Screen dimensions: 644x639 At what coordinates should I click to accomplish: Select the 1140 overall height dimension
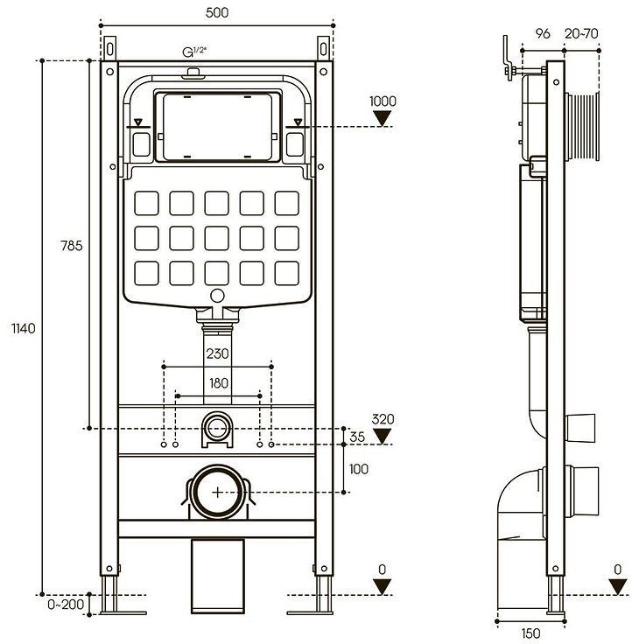tap(24, 329)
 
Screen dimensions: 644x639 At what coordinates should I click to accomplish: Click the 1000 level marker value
tap(383, 101)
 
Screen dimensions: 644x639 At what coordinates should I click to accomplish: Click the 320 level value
tap(383, 418)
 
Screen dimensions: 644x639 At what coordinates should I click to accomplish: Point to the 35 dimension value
tap(358, 436)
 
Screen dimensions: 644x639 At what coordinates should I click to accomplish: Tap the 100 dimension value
tap(359, 469)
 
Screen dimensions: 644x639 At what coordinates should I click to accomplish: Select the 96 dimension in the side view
tap(542, 34)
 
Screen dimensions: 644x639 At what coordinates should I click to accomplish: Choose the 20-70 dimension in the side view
tap(582, 34)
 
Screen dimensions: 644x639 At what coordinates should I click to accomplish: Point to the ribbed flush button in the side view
tap(582, 126)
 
